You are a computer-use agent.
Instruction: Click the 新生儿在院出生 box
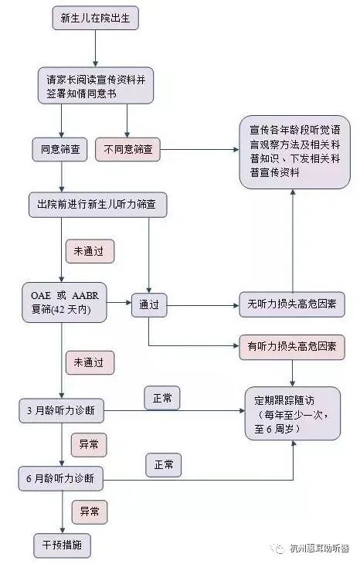tap(95, 18)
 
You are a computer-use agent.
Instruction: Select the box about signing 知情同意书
tap(96, 86)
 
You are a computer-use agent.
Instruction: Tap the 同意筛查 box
tap(59, 149)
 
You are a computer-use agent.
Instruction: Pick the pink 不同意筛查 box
tap(127, 149)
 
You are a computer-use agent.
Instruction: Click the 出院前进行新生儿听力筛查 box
tap(97, 205)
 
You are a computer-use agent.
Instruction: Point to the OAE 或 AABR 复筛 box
tap(64, 303)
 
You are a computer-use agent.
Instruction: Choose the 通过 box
tap(149, 305)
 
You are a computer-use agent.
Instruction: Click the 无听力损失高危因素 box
tap(292, 304)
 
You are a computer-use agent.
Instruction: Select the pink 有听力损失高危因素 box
tap(292, 347)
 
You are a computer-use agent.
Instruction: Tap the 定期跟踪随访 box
tap(292, 413)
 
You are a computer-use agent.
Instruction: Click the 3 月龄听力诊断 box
tap(62, 410)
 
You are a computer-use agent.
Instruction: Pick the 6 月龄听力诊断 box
tap(61, 479)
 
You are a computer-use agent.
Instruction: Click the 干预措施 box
tap(62, 545)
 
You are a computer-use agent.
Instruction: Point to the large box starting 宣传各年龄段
tap(294, 151)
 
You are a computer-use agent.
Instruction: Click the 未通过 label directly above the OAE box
tap(90, 251)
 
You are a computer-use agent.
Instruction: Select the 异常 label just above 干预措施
tap(90, 511)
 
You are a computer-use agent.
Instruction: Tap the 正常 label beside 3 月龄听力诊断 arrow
tap(161, 398)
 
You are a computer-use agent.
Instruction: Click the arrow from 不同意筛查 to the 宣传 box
tap(199, 149)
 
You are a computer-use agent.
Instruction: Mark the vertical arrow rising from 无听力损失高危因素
tap(293, 240)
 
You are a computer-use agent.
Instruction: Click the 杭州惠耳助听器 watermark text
tap(319, 549)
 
